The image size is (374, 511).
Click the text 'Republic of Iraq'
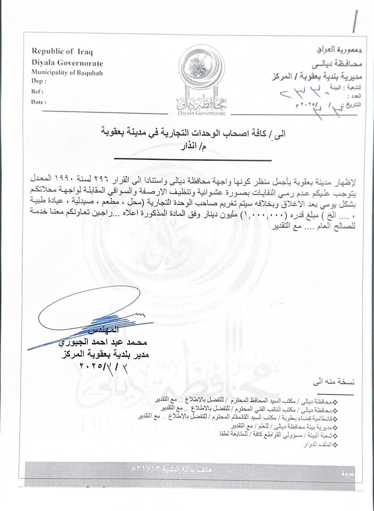tap(62, 52)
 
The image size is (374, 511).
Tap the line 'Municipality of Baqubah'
tap(67, 73)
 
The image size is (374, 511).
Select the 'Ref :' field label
tap(37, 92)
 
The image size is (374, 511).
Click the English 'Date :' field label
tap(38, 102)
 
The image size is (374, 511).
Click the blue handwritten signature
tap(89, 318)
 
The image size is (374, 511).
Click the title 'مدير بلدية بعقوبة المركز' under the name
tap(104, 354)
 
